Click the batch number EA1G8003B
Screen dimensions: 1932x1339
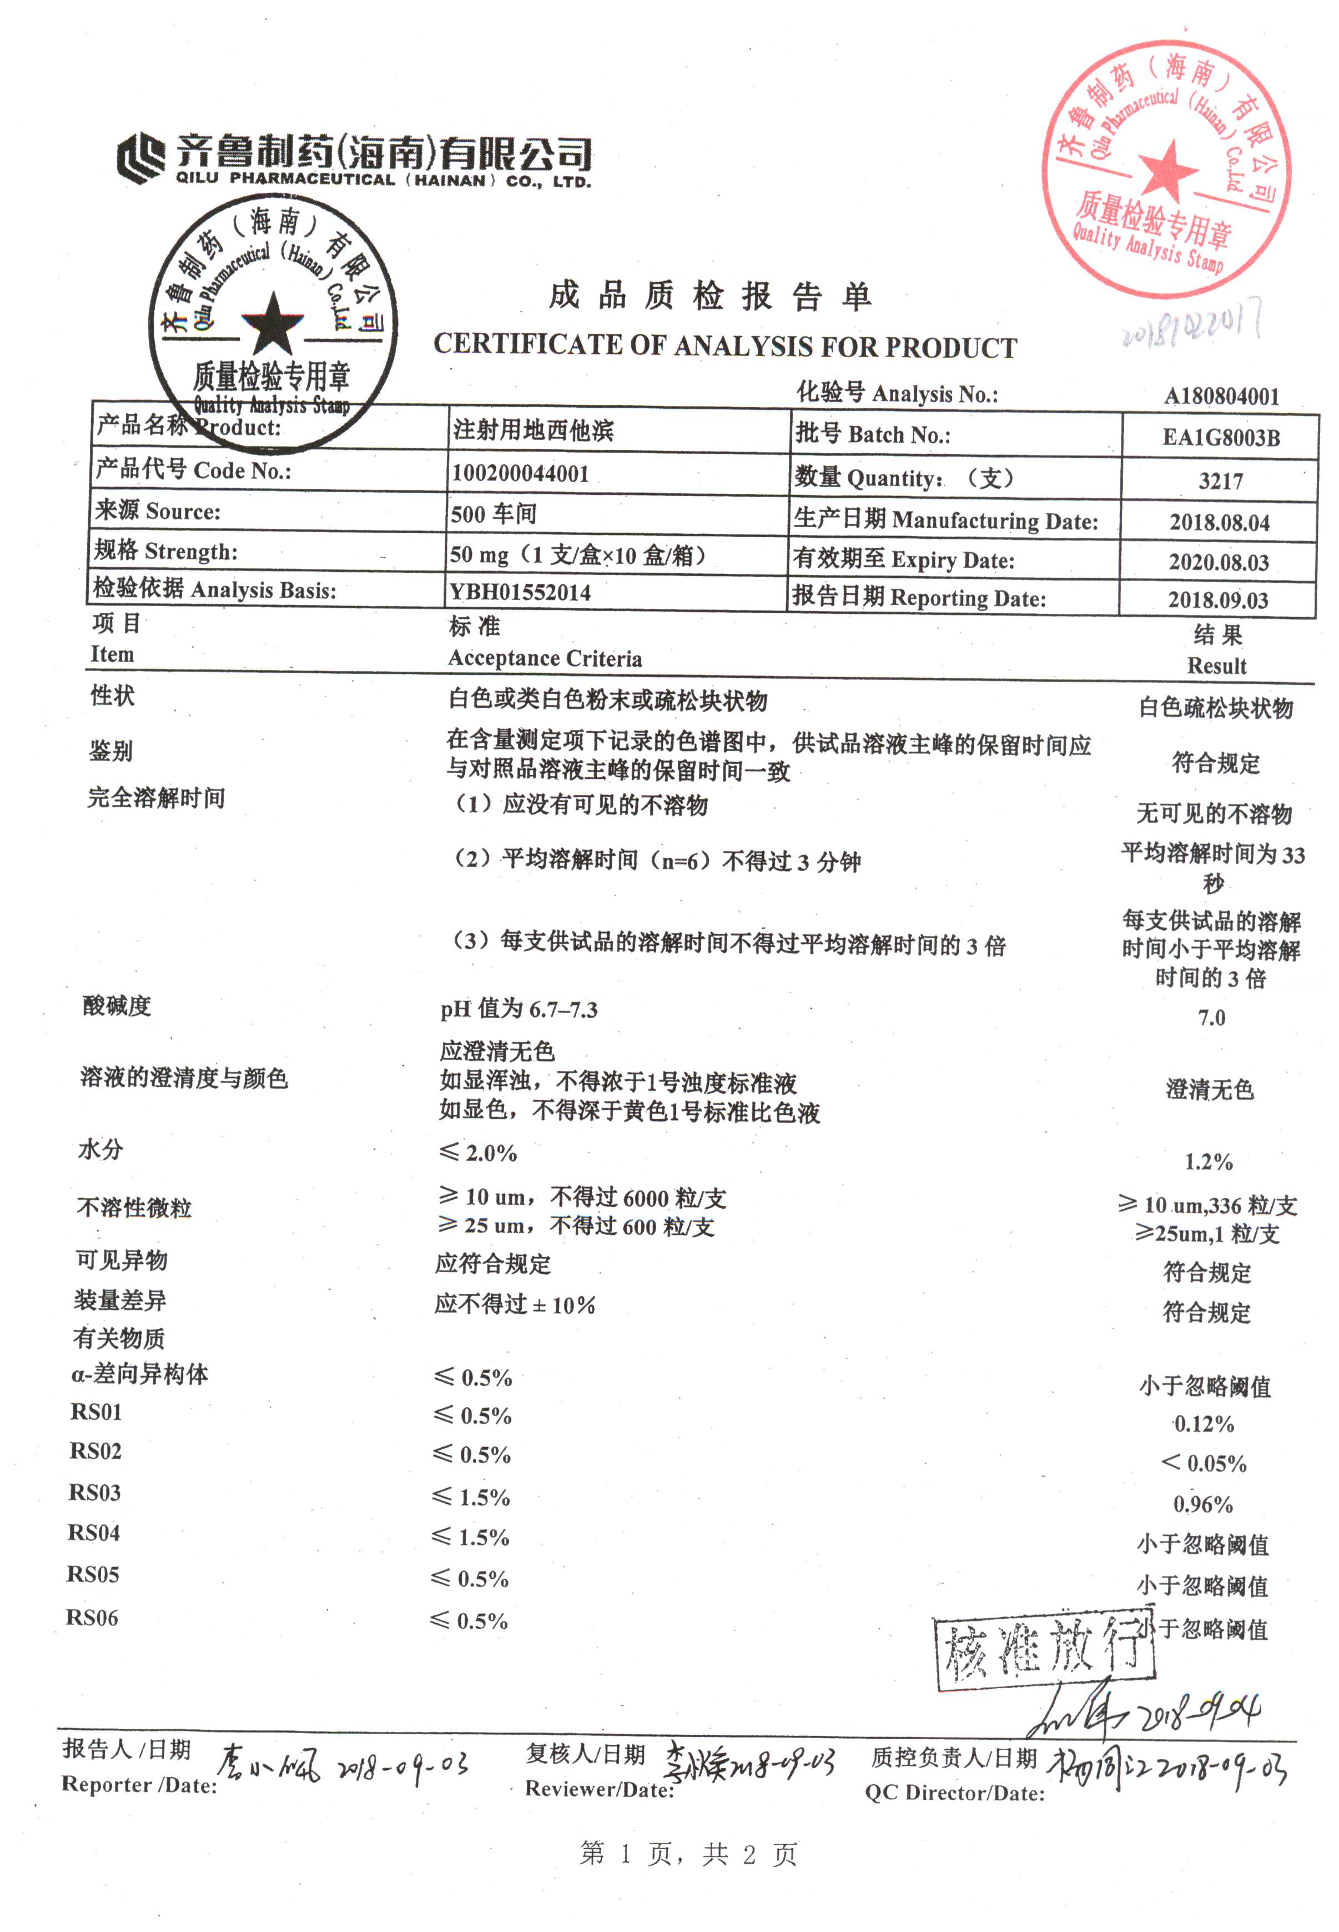1221,437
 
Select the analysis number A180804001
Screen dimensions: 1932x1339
1221,396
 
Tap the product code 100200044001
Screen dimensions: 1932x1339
520,473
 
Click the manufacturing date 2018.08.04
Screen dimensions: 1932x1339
1219,522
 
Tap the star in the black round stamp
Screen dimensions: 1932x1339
272,323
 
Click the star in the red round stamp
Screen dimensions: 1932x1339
1169,167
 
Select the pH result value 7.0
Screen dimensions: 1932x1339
1211,1018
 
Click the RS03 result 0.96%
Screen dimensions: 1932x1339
1203,1504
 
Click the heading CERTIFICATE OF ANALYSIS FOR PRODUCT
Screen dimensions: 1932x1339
725,346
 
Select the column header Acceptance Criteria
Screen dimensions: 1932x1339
545,659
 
